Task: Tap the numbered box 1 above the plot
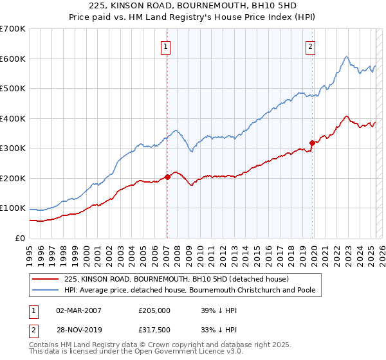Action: [x=166, y=46]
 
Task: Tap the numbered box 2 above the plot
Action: [x=311, y=46]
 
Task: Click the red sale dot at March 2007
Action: [x=167, y=176]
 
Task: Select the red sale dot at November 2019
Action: [x=313, y=143]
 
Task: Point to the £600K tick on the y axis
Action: [x=13, y=59]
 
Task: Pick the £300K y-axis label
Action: [x=13, y=148]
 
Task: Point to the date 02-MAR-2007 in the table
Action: [x=79, y=310]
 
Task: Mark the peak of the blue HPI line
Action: [x=346, y=57]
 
